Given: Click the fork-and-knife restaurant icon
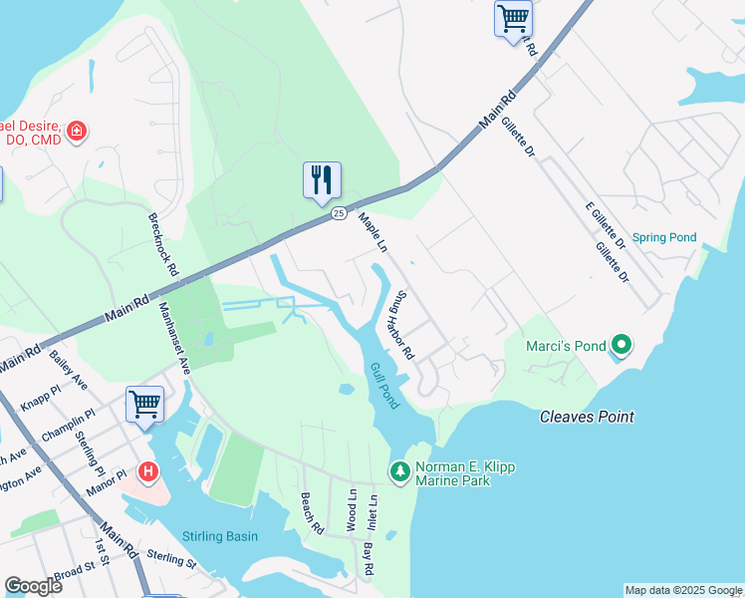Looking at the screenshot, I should point(322,179).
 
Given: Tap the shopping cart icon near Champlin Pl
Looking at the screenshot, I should point(144,404).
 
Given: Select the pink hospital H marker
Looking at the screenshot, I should point(147,470).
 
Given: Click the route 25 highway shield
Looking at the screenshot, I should point(339,213).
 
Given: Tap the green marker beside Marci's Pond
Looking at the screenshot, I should point(621,346).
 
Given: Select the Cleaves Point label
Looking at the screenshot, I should point(587,417).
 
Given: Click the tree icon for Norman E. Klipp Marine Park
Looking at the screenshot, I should point(399,469).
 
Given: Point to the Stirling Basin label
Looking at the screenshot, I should point(220,536).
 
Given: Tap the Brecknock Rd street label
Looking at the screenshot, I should point(162,244).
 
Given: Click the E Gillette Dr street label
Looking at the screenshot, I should point(605,224).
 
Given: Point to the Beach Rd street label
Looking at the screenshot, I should point(312,514).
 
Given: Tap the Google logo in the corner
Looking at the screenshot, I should point(33,585).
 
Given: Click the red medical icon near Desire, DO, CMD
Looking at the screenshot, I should point(77,131).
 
